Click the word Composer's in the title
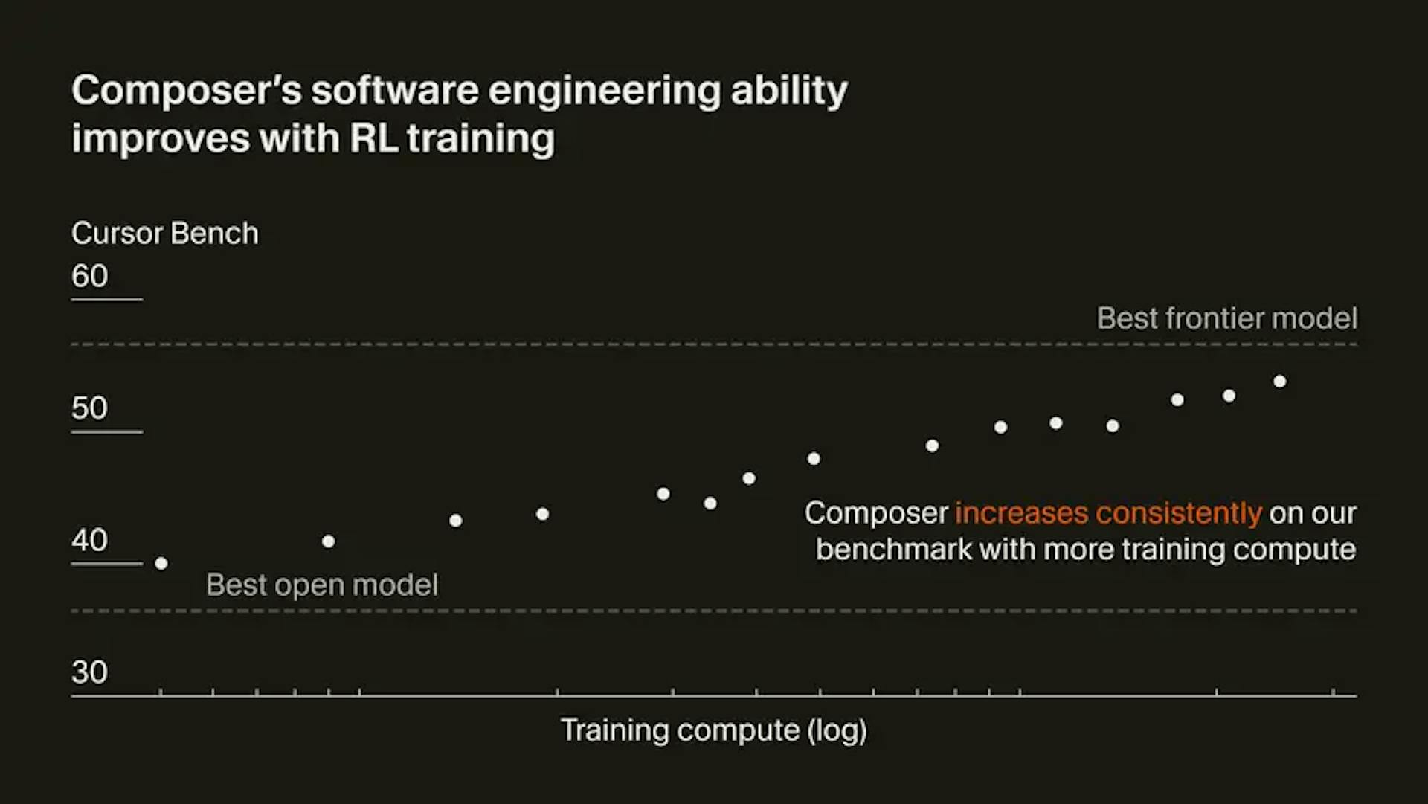coord(187,91)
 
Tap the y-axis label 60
coord(90,276)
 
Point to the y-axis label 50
coord(90,408)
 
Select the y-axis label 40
coord(90,540)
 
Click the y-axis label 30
coord(90,672)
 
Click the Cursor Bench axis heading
coord(165,234)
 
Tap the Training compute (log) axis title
coord(713,730)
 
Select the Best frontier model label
coord(1226,318)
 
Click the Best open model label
coord(322,585)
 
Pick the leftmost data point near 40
coord(161,564)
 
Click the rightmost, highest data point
coord(1280,382)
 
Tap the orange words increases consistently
coord(1108,513)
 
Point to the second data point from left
coord(329,541)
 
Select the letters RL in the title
coord(373,139)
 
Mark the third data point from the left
coord(456,521)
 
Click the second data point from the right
coord(1229,396)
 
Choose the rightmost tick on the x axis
coord(1334,692)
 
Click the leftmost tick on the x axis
coord(161,692)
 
